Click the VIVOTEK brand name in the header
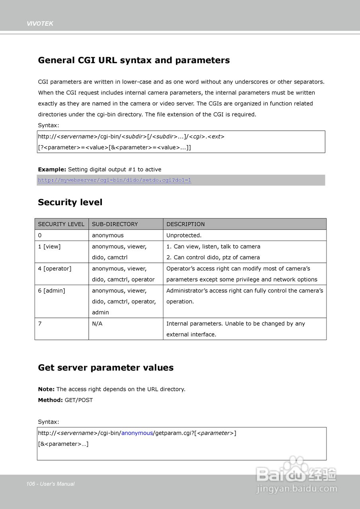pyautogui.click(x=40, y=24)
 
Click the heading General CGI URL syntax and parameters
pyautogui.click(x=134, y=60)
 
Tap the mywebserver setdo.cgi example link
pyautogui.click(x=115, y=180)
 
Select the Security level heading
pyautogui.click(x=70, y=202)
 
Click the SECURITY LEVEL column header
pyautogui.click(x=61, y=224)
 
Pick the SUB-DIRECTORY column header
pyautogui.click(x=115, y=224)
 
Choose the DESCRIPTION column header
pyautogui.click(x=185, y=224)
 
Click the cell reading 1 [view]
pyautogui.click(x=49, y=247)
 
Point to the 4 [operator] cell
pyautogui.click(x=54, y=269)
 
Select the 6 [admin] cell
pyautogui.click(x=51, y=291)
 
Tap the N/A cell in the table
pyautogui.click(x=97, y=324)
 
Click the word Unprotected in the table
pyautogui.click(x=184, y=235)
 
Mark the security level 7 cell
pyautogui.click(x=40, y=324)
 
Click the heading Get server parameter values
pyautogui.click(x=105, y=368)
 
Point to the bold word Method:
pyautogui.click(x=50, y=400)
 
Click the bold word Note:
pyautogui.click(x=46, y=389)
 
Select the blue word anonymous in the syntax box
pyautogui.click(x=137, y=433)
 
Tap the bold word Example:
pyautogui.click(x=52, y=169)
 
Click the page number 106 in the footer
pyautogui.click(x=31, y=484)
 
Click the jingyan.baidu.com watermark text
pyautogui.click(x=297, y=489)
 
